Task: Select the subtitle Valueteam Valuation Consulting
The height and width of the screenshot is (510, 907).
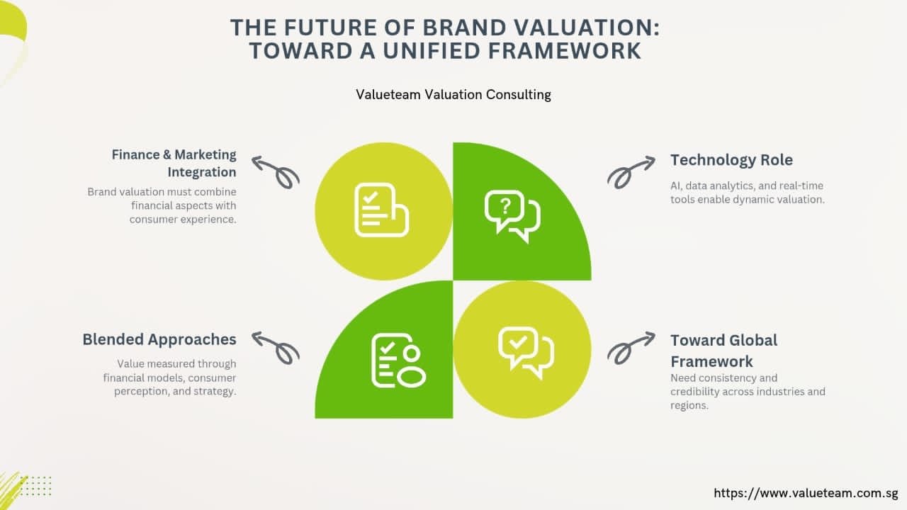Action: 453,95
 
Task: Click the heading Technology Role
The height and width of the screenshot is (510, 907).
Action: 731,160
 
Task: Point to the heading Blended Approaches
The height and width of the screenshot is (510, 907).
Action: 159,339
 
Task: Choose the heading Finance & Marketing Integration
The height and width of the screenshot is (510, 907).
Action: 174,163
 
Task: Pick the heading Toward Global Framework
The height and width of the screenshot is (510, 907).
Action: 724,351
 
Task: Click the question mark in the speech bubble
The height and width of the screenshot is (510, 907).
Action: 505,206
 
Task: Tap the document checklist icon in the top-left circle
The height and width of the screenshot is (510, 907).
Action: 381,210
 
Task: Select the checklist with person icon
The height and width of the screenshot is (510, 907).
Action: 398,361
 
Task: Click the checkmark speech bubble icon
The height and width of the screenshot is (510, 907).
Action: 526,353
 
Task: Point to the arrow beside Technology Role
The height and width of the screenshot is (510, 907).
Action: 630,173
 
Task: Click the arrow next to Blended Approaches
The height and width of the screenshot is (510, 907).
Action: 276,348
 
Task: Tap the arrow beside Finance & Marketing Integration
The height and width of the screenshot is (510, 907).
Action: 276,172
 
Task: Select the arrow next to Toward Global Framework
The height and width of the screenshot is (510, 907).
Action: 630,348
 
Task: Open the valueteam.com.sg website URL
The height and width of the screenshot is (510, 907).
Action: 806,493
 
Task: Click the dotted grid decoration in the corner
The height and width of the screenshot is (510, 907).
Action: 35,486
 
